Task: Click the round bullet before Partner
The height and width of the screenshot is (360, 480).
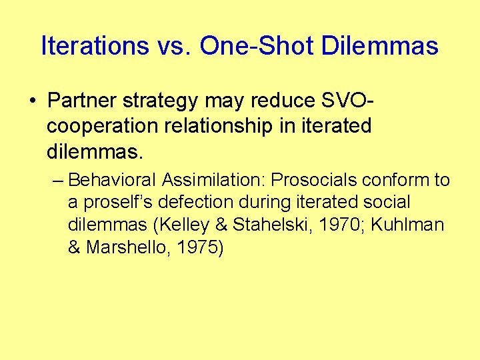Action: (x=33, y=101)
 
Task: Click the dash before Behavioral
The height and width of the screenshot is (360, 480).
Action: (x=57, y=181)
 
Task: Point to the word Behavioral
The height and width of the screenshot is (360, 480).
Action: (x=112, y=181)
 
